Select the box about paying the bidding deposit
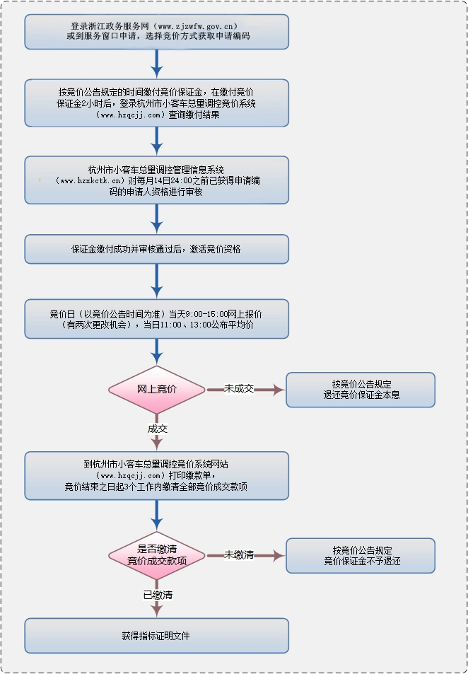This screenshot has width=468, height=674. [157, 103]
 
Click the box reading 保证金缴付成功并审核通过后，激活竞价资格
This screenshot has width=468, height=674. [157, 249]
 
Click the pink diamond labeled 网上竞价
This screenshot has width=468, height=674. [157, 390]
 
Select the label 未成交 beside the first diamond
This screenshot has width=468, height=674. [239, 389]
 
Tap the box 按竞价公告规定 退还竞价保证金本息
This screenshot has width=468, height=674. [361, 390]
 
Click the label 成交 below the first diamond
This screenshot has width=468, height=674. [157, 429]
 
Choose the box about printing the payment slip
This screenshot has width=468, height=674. [157, 475]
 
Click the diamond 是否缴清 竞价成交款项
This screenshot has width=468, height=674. [157, 555]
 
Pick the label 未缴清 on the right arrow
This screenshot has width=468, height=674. [239, 555]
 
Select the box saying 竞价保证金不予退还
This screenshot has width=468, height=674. [361, 555]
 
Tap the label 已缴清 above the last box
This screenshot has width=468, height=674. [157, 595]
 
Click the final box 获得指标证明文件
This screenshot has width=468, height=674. [157, 636]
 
